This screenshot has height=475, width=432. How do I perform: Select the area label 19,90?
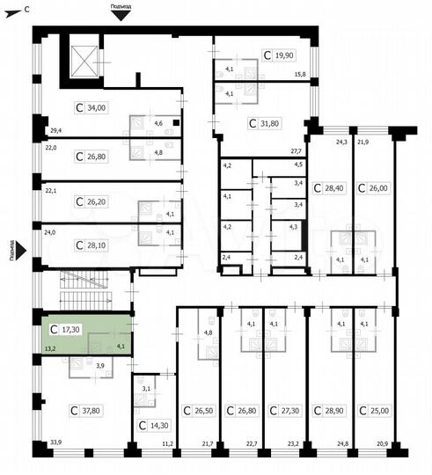tap(282, 55)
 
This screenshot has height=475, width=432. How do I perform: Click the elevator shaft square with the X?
tap(84, 59)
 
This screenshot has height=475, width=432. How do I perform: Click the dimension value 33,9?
tap(56, 442)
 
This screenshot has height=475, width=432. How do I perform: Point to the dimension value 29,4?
tap(55, 130)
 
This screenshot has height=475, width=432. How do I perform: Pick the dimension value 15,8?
tap(300, 74)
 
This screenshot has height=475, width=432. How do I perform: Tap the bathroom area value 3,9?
tap(99, 365)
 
